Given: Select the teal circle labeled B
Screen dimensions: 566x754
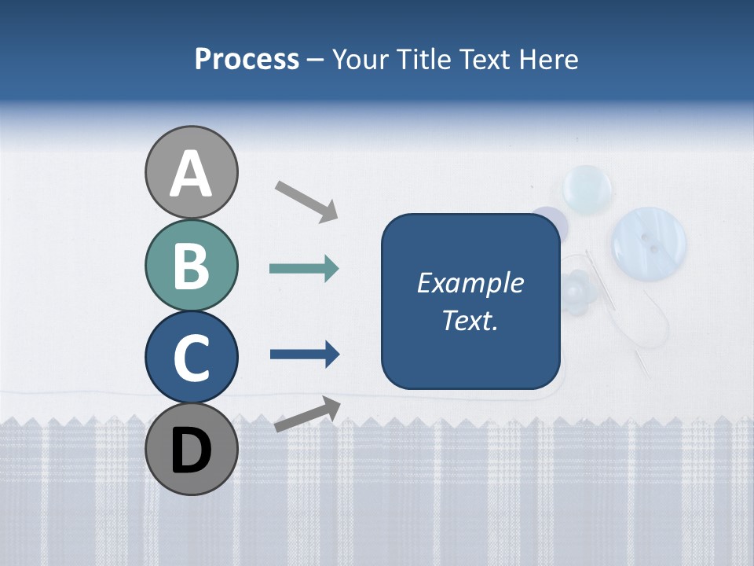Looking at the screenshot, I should pyautogui.click(x=191, y=265).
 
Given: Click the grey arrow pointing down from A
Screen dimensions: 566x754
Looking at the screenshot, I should pyautogui.click(x=306, y=200).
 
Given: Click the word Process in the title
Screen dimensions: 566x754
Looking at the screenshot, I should pyautogui.click(x=247, y=60).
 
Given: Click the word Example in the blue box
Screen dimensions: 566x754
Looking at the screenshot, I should pyautogui.click(x=470, y=283).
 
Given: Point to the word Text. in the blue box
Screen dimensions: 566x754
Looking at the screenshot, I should pyautogui.click(x=470, y=320).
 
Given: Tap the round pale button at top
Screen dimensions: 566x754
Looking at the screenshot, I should pyautogui.click(x=587, y=189).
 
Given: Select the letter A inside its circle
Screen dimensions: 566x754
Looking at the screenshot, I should pyautogui.click(x=191, y=175).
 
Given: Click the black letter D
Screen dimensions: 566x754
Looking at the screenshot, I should pyautogui.click(x=191, y=451).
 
